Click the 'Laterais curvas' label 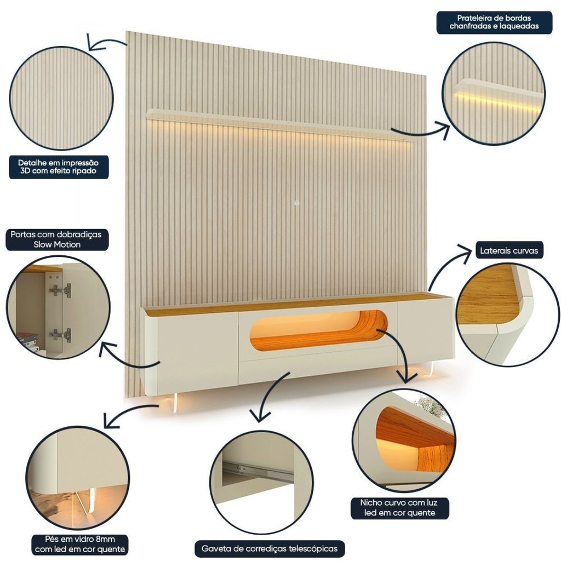(509, 250)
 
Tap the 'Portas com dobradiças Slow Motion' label (57, 240)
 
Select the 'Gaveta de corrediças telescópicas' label (270, 548)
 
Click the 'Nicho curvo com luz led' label (399, 508)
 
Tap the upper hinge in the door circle (61, 290)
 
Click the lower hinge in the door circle (60, 335)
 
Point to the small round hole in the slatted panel (296, 203)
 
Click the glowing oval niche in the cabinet (318, 330)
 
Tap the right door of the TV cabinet (426, 333)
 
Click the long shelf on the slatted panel (279, 124)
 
